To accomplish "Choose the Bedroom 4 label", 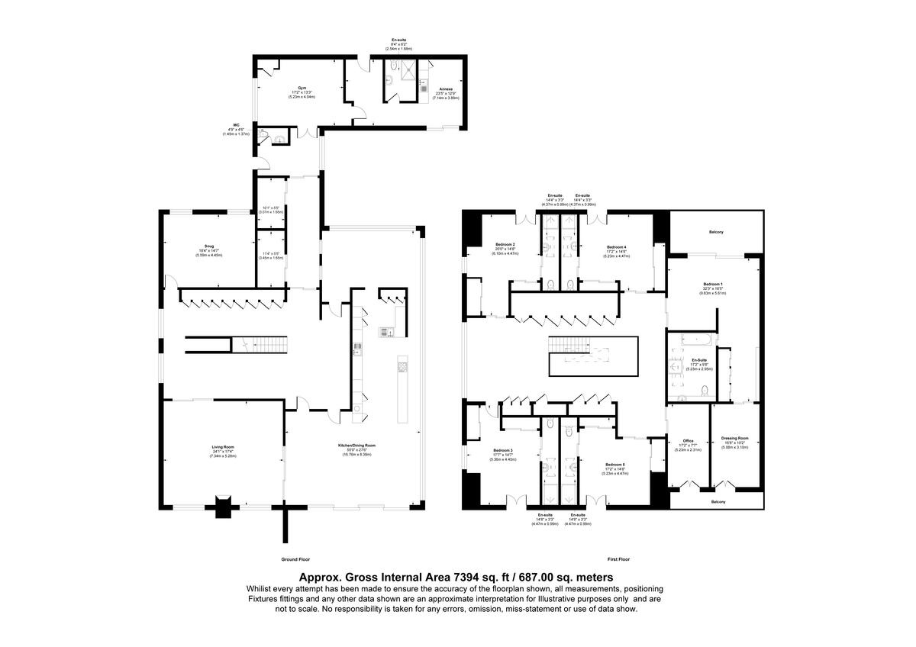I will [x=616, y=247].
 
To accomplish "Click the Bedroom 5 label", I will [x=615, y=464].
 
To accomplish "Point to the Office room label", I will [x=688, y=439].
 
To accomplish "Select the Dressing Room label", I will [x=734, y=438].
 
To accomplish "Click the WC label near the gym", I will [x=237, y=124].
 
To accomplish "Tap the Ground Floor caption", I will [x=296, y=559].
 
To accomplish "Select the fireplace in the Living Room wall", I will [x=222, y=507].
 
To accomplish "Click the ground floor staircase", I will [x=259, y=346].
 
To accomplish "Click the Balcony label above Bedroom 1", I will [x=716, y=231].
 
